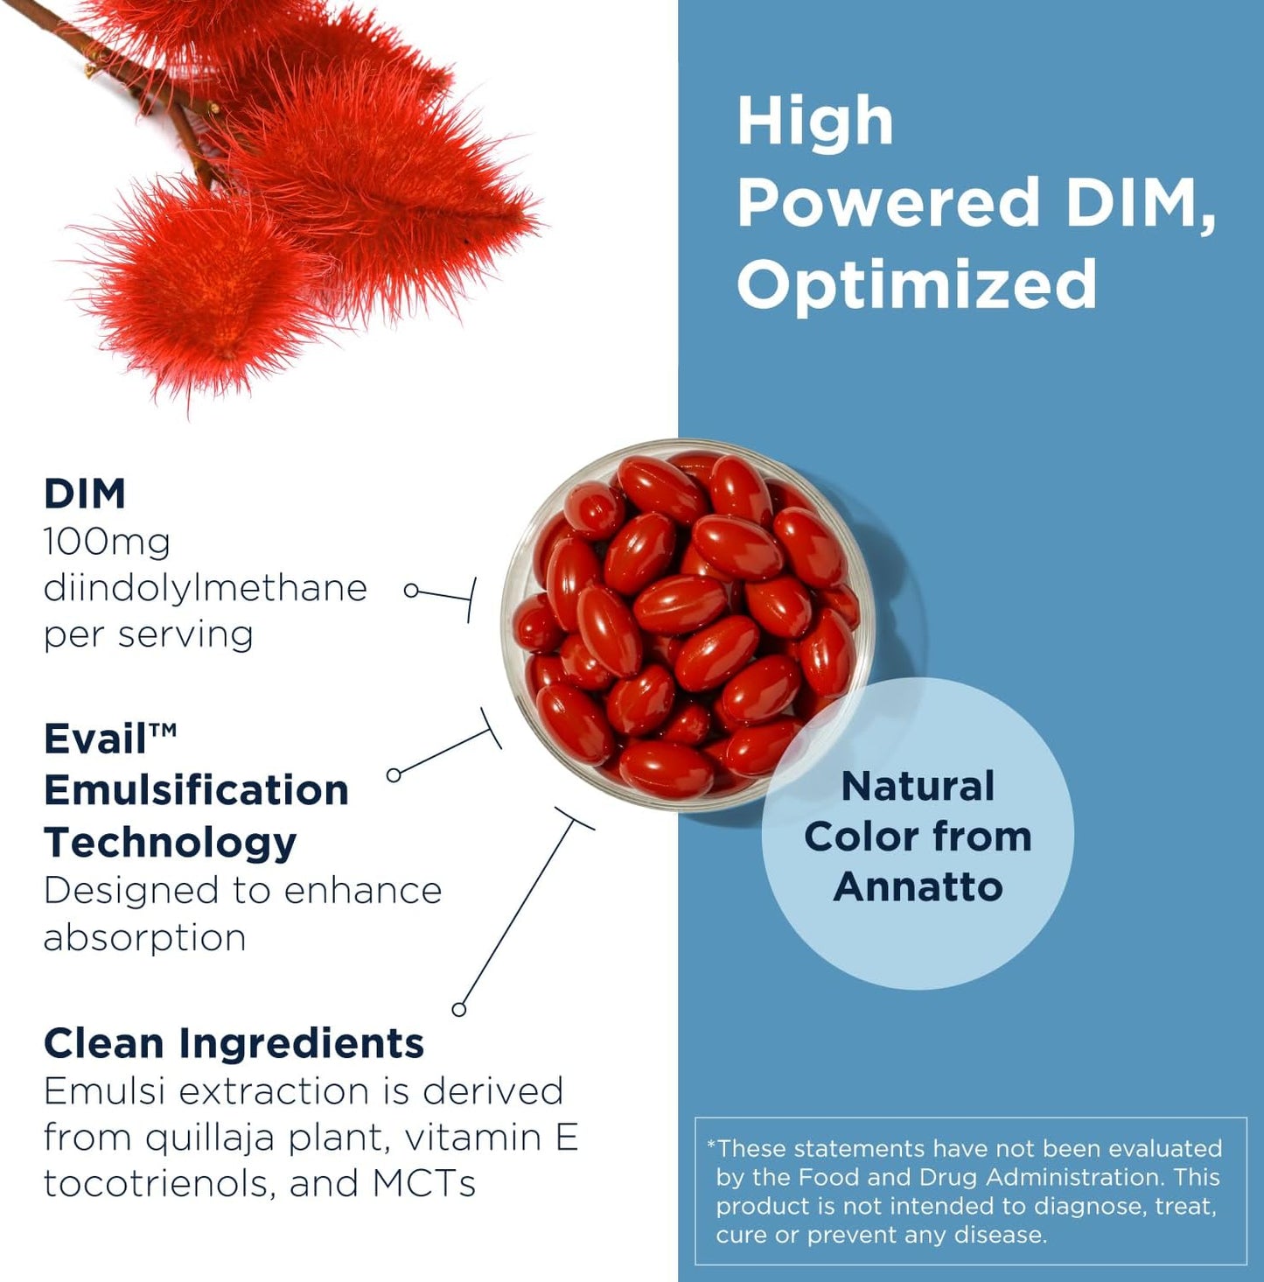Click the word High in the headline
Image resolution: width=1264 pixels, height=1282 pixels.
click(814, 121)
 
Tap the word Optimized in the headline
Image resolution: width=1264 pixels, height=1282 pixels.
click(917, 284)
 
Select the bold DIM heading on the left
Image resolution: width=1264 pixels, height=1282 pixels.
click(85, 494)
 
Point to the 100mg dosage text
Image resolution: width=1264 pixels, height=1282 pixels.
click(107, 543)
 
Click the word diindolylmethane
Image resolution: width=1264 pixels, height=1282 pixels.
click(205, 588)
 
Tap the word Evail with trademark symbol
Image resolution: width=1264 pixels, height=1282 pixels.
click(109, 739)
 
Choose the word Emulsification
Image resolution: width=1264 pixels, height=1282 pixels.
click(196, 790)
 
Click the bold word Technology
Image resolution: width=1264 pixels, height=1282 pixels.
click(170, 842)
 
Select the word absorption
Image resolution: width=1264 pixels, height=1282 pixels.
click(144, 938)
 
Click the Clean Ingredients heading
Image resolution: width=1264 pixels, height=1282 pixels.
click(234, 1043)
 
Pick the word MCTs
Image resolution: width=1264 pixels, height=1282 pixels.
click(423, 1184)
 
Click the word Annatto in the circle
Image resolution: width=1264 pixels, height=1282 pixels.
click(918, 886)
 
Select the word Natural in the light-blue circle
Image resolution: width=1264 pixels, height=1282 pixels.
click(918, 786)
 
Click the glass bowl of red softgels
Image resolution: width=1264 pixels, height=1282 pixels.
click(687, 624)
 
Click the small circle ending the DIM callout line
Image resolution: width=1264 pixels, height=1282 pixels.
click(411, 591)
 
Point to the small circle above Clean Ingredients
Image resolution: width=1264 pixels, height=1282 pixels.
click(458, 1009)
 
